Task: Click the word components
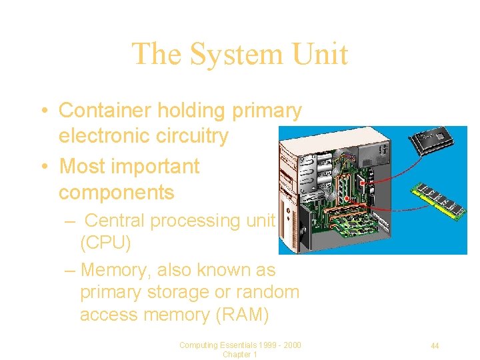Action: coord(116,192)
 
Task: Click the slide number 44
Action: coord(435,345)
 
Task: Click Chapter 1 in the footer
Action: coord(240,355)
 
